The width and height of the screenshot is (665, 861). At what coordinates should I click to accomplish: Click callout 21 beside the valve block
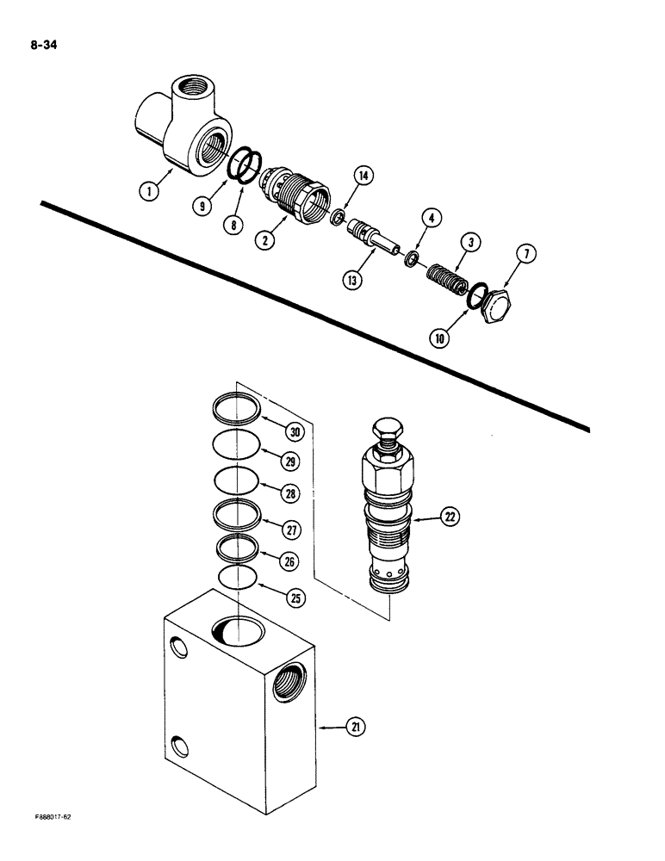(355, 728)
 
